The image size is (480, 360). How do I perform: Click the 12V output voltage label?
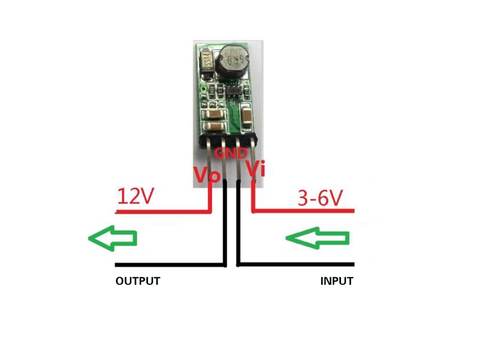(135, 196)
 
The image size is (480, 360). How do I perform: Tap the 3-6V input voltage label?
(320, 198)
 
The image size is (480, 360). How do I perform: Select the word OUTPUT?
(138, 281)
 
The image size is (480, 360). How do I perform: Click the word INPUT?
(337, 281)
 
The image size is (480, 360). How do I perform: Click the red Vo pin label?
(207, 175)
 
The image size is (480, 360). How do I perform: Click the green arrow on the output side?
(112, 238)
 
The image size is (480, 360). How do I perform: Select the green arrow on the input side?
(317, 238)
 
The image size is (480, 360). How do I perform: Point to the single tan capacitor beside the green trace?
(245, 116)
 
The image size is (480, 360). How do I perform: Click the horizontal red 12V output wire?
(163, 211)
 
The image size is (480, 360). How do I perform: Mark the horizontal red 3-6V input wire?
(303, 211)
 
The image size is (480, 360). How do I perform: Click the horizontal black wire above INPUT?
(296, 264)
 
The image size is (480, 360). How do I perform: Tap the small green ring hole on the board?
(203, 89)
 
